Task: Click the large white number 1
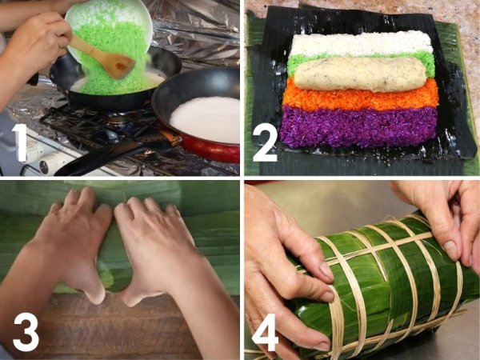21,142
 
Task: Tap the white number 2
265,142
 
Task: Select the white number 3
26,332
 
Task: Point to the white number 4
265,332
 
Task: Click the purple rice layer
358,127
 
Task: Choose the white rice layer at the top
362,44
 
